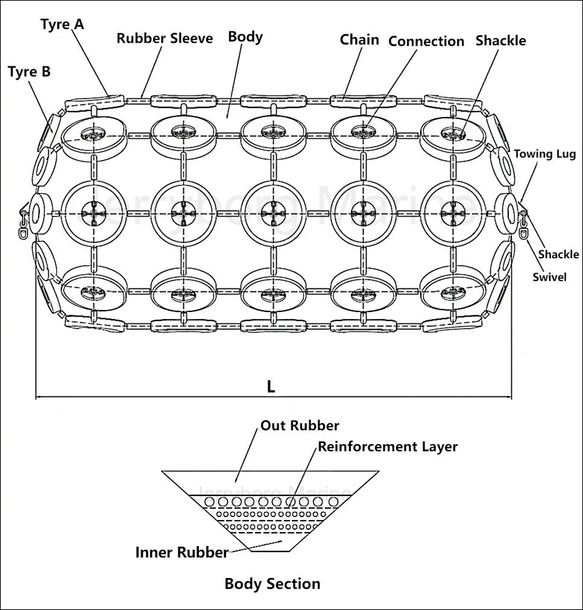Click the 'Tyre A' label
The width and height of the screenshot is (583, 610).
tap(63, 25)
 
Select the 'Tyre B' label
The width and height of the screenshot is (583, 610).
tap(30, 72)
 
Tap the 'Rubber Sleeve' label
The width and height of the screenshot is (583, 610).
tap(165, 39)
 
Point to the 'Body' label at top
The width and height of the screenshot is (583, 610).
tap(245, 37)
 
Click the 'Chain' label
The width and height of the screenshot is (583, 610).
tap(359, 40)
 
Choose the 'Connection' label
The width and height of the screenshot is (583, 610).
tap(426, 41)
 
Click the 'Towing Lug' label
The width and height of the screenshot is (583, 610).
tap(545, 154)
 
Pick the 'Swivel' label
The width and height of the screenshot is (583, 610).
tap(549, 277)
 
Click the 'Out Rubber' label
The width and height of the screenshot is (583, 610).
tap(300, 425)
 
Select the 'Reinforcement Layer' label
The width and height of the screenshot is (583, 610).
tap(388, 447)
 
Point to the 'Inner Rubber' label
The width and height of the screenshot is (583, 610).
tap(182, 552)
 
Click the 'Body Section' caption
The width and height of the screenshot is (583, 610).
tap(273, 583)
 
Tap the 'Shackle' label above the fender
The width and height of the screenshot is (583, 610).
tap(500, 40)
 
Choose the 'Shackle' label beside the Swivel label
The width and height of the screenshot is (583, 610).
tap(558, 254)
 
